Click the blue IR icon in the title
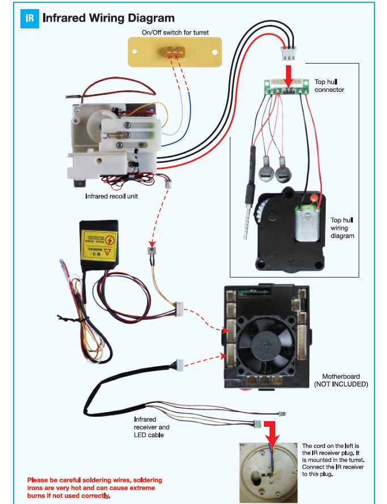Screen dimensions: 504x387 click(x=30, y=18)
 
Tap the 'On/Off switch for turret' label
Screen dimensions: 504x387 click(x=175, y=33)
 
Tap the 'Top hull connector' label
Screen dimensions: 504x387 click(x=329, y=86)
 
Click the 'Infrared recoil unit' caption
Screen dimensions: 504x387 click(x=112, y=196)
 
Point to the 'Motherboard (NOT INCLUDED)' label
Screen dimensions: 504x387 click(x=341, y=380)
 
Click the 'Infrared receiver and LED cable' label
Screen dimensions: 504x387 click(x=152, y=427)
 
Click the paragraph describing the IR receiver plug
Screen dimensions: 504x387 click(x=333, y=460)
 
